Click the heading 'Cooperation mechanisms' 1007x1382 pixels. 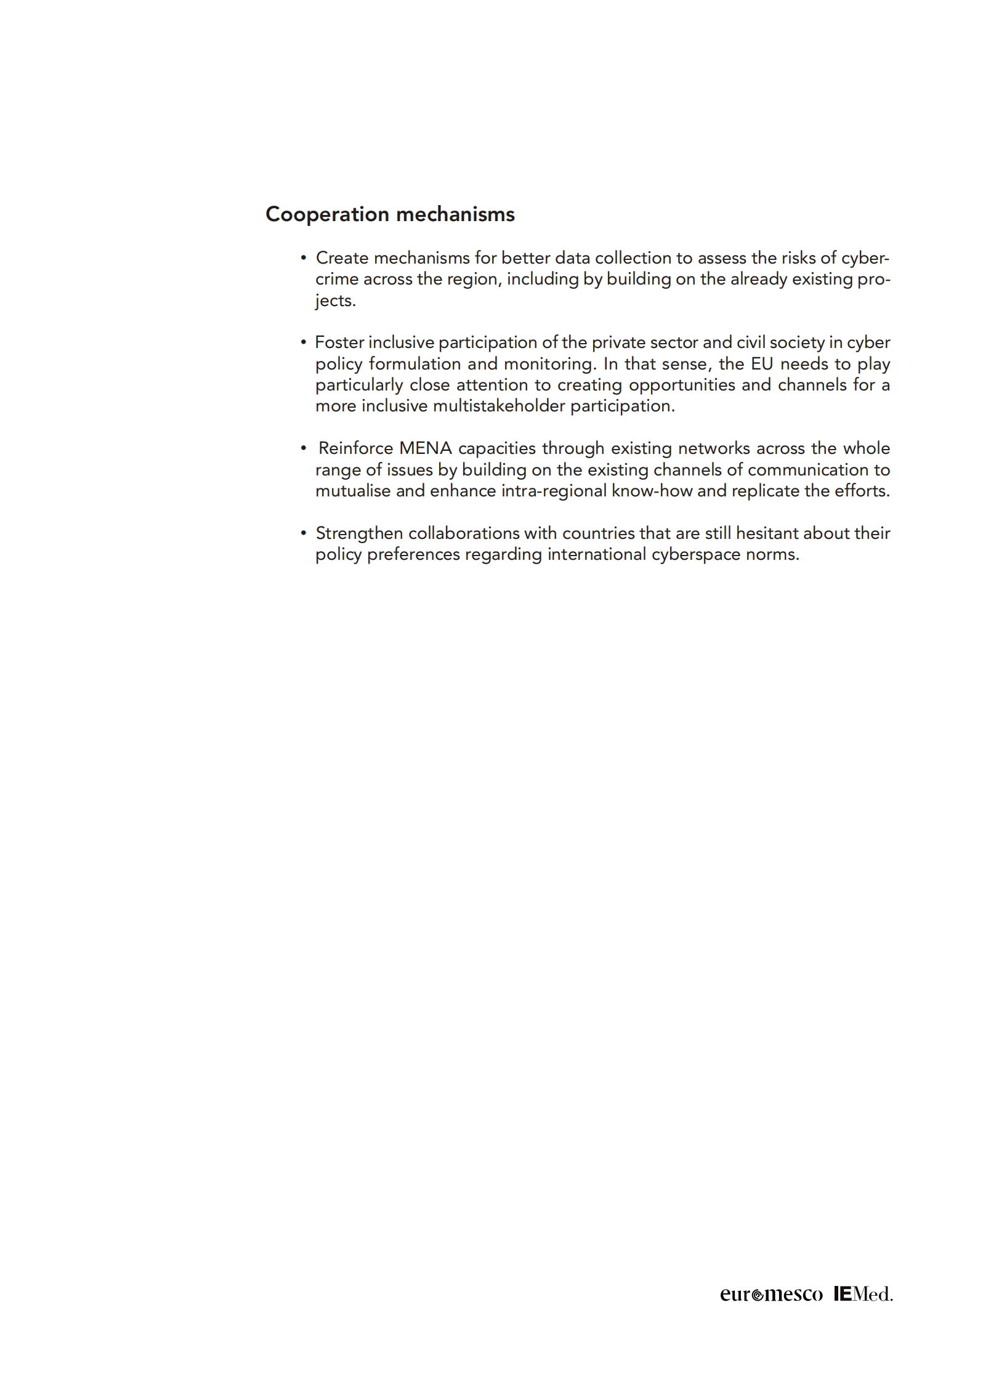(x=390, y=214)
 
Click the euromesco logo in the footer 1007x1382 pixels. (x=771, y=1294)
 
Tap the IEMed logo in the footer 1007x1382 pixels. (x=863, y=1293)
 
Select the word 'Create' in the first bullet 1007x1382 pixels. (x=342, y=257)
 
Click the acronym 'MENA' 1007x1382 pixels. (x=426, y=448)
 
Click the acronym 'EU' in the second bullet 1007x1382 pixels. (x=762, y=364)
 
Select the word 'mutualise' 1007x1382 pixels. (x=353, y=491)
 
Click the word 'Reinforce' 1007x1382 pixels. (x=355, y=448)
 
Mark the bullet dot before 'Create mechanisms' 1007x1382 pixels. (x=303, y=257)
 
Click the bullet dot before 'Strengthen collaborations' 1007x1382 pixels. (x=303, y=533)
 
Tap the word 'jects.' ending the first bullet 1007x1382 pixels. (x=336, y=301)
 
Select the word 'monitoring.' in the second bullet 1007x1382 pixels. (x=550, y=364)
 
